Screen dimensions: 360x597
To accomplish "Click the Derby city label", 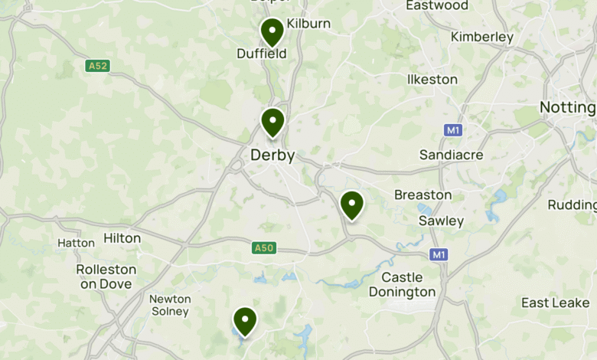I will [272, 155].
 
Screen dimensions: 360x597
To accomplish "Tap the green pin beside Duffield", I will [272, 32].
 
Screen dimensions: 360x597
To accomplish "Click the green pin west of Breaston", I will [351, 205].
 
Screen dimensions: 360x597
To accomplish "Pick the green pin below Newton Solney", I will [245, 321].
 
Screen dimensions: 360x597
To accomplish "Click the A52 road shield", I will [97, 66].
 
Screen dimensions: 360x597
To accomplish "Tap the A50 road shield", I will [263, 247].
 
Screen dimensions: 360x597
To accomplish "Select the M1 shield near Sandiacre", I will [453, 130].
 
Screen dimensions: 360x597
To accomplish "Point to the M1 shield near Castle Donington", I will [439, 254].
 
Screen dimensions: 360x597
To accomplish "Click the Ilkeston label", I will [432, 80].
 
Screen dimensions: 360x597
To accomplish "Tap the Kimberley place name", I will [482, 37].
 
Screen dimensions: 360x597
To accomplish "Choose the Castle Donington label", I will [402, 284].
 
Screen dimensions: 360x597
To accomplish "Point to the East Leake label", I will [556, 303].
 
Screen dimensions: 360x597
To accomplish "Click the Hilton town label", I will [122, 238].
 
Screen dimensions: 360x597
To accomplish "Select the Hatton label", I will [77, 243].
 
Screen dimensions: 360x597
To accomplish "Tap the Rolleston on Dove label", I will [106, 277].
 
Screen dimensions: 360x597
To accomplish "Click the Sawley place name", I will [441, 221].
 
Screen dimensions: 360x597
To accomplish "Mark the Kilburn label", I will [308, 24].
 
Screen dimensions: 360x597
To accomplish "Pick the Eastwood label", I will [437, 5].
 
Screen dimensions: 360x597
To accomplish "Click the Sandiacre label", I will [452, 155].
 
